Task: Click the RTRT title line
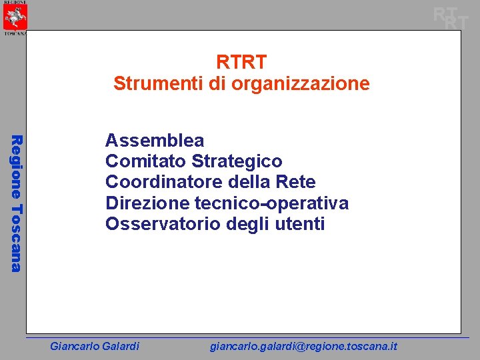(241, 62)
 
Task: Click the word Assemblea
(155, 141)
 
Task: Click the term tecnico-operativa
(271, 203)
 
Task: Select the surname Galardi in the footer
(119, 346)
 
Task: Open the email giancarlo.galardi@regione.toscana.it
(303, 346)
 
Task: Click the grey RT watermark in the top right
(450, 17)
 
